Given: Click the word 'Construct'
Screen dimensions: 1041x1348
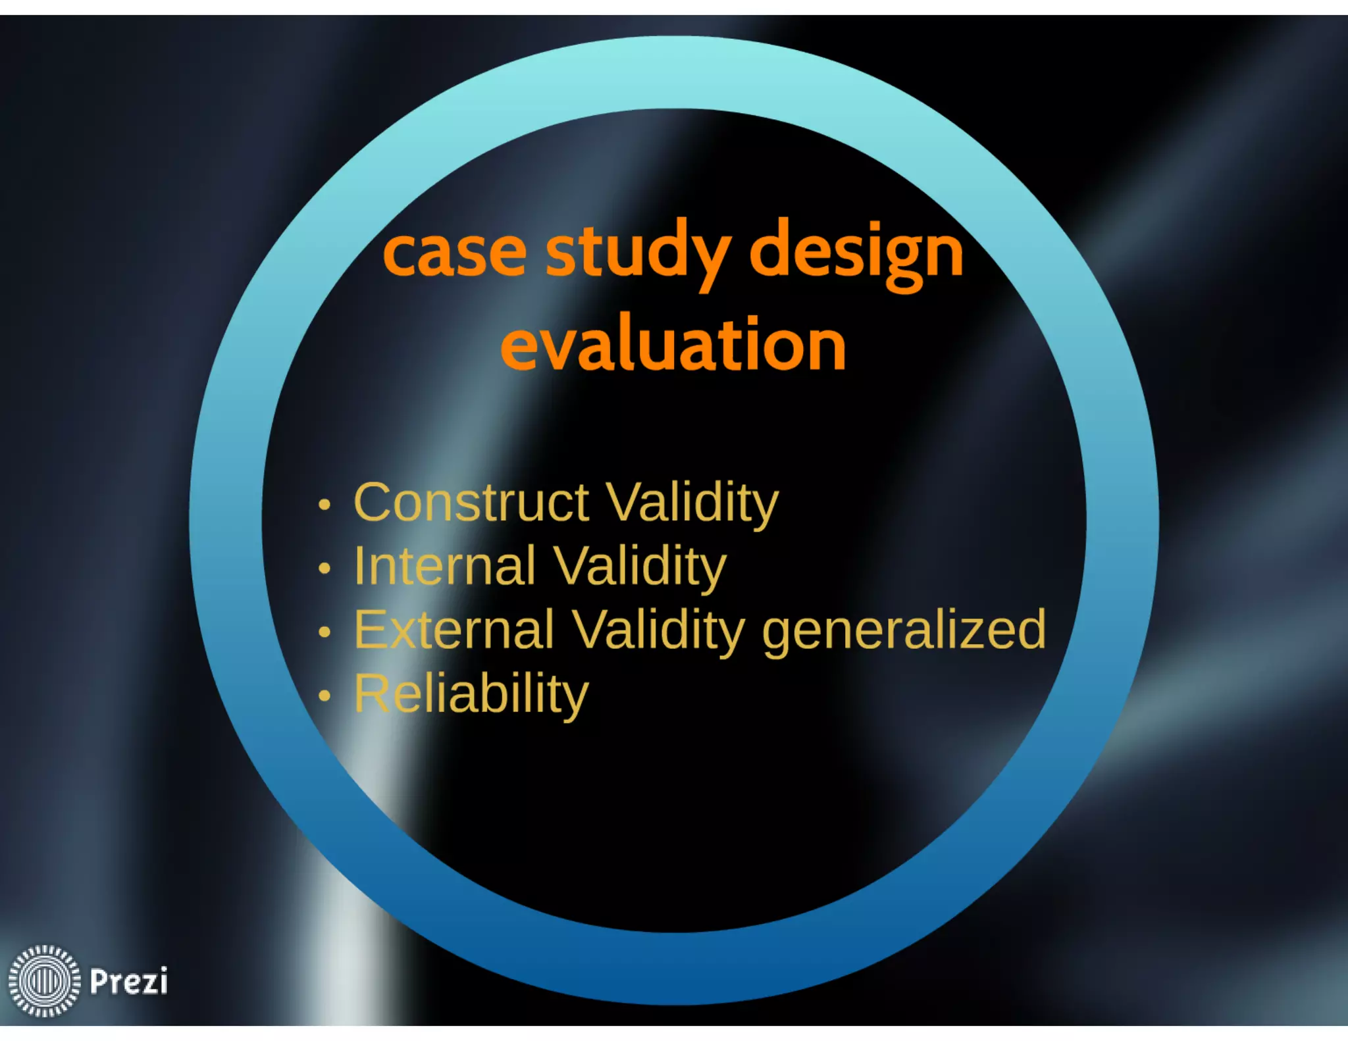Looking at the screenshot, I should click(x=471, y=503).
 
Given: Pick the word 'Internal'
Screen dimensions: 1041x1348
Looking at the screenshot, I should click(x=445, y=566).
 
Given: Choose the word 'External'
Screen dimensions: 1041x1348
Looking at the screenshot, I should click(x=454, y=630).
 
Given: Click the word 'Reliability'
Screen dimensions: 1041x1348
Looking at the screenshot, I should click(x=471, y=694).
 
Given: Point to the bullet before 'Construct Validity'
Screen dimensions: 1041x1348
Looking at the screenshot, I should click(x=324, y=505).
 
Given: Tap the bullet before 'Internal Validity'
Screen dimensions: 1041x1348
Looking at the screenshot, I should click(x=324, y=568).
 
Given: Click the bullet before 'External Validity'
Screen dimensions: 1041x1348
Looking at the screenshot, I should click(x=324, y=632).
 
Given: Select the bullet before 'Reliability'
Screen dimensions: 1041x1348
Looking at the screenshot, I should click(x=324, y=696).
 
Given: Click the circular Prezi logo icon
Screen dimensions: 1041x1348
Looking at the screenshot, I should click(x=44, y=980).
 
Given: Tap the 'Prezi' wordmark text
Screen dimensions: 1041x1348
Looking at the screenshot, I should click(x=128, y=981).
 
